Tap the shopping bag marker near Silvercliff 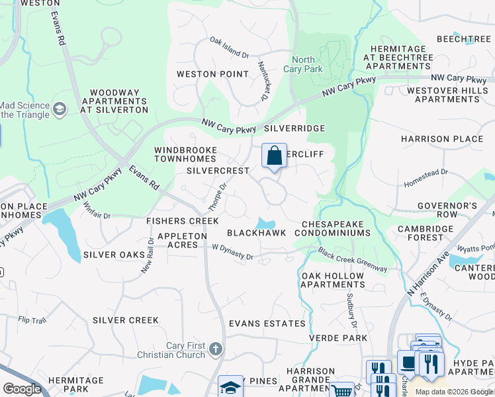coord(274,156)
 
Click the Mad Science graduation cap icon coord(60,109)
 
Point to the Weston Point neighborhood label coord(212,74)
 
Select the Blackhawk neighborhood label coord(256,233)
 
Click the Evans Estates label coord(267,324)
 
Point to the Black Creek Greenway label coord(352,260)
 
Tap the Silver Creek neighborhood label coord(126,320)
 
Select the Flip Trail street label coord(32,320)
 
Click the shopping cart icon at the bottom coord(341,391)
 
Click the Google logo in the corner coord(22,388)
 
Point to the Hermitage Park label coord(77,384)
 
